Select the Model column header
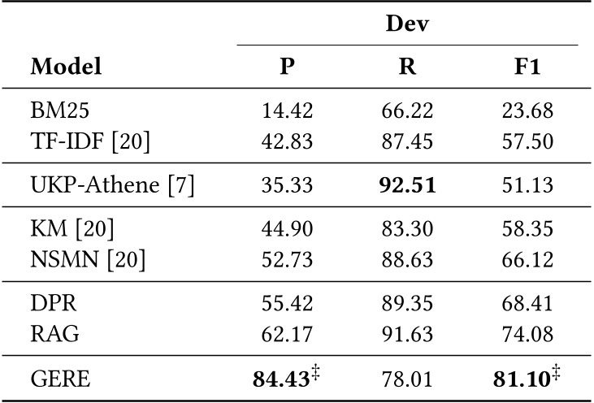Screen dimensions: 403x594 (x=67, y=67)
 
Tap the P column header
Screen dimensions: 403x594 (x=287, y=67)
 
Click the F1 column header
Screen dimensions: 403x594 (x=527, y=67)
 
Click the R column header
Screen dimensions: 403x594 (x=408, y=67)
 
